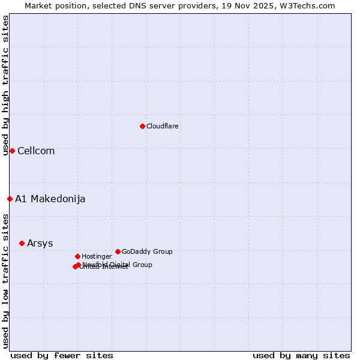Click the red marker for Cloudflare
[142, 126]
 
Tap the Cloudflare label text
[163, 126]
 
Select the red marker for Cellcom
[12, 151]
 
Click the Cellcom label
[36, 151]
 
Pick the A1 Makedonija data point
[10, 199]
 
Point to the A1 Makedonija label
[50, 199]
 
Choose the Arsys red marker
[22, 243]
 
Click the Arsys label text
[40, 244]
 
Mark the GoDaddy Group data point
[118, 251]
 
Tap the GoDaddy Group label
[147, 251]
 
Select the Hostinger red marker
[77, 256]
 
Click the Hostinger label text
[97, 256]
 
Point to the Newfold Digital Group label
[118, 265]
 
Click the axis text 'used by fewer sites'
[62, 355]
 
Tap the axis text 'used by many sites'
[301, 355]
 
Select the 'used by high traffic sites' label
[5, 85]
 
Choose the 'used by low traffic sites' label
[5, 280]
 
